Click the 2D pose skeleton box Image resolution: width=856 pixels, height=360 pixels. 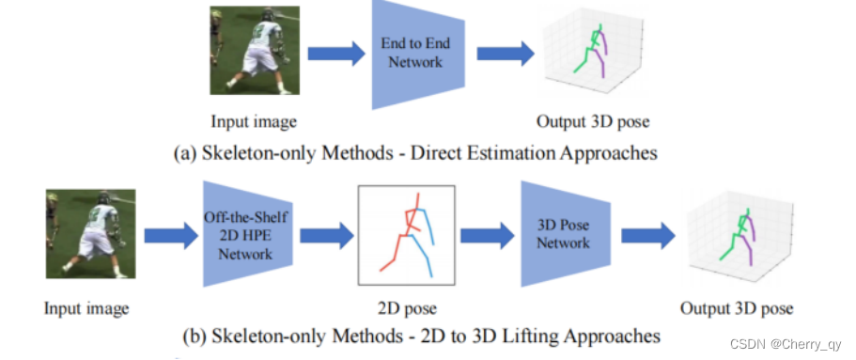click(x=405, y=235)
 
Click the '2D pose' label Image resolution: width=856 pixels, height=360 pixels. click(x=406, y=307)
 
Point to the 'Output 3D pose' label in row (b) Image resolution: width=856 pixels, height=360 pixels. click(x=738, y=307)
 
